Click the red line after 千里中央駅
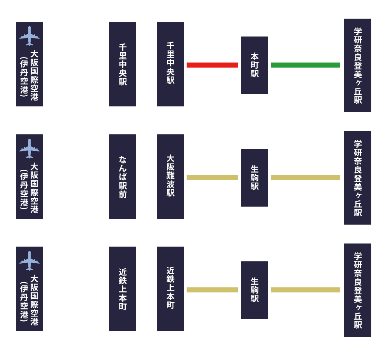pyautogui.click(x=212, y=65)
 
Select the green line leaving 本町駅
pyautogui.click(x=305, y=65)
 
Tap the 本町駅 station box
pyautogui.click(x=255, y=65)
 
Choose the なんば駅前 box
pyautogui.click(x=123, y=177)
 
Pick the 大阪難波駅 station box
pyautogui.click(x=170, y=177)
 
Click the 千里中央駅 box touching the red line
pyautogui.click(x=170, y=64)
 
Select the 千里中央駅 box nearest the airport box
pyautogui.click(x=123, y=64)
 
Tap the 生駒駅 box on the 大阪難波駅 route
pyautogui.click(x=255, y=178)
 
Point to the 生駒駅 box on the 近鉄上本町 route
pyautogui.click(x=255, y=290)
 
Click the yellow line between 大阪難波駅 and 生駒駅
pyautogui.click(x=212, y=177)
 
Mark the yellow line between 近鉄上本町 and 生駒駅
pyautogui.click(x=212, y=290)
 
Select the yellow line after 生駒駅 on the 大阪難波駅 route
pyautogui.click(x=305, y=177)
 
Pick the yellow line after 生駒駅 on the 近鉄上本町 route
pyautogui.click(x=305, y=290)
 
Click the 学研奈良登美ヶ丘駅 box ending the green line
pyautogui.click(x=358, y=65)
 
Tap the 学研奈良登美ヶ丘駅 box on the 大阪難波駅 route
pyautogui.click(x=358, y=178)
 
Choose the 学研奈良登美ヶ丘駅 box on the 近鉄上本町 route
pyautogui.click(x=358, y=290)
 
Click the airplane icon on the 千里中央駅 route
pyautogui.click(x=29, y=36)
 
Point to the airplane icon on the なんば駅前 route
pyautogui.click(x=29, y=148)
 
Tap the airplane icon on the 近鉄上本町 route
pyautogui.click(x=29, y=261)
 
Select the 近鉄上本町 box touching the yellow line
pyautogui.click(x=170, y=289)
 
